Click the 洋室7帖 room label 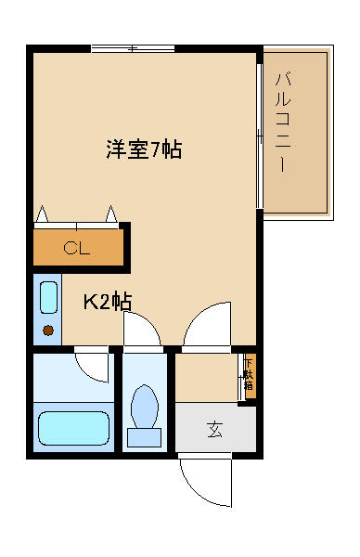click(x=144, y=149)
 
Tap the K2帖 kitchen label click(x=108, y=302)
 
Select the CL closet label click(x=77, y=248)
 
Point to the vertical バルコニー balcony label click(x=283, y=123)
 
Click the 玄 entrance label click(x=214, y=429)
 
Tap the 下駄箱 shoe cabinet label click(x=250, y=375)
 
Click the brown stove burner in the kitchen click(x=48, y=330)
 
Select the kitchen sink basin click(x=48, y=297)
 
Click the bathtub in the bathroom click(x=73, y=428)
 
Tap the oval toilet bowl click(x=145, y=406)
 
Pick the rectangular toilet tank click(x=144, y=437)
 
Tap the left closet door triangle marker click(x=43, y=214)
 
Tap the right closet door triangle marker click(x=111, y=214)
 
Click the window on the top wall click(x=133, y=48)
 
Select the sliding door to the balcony click(x=260, y=136)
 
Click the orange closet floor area click(x=78, y=247)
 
